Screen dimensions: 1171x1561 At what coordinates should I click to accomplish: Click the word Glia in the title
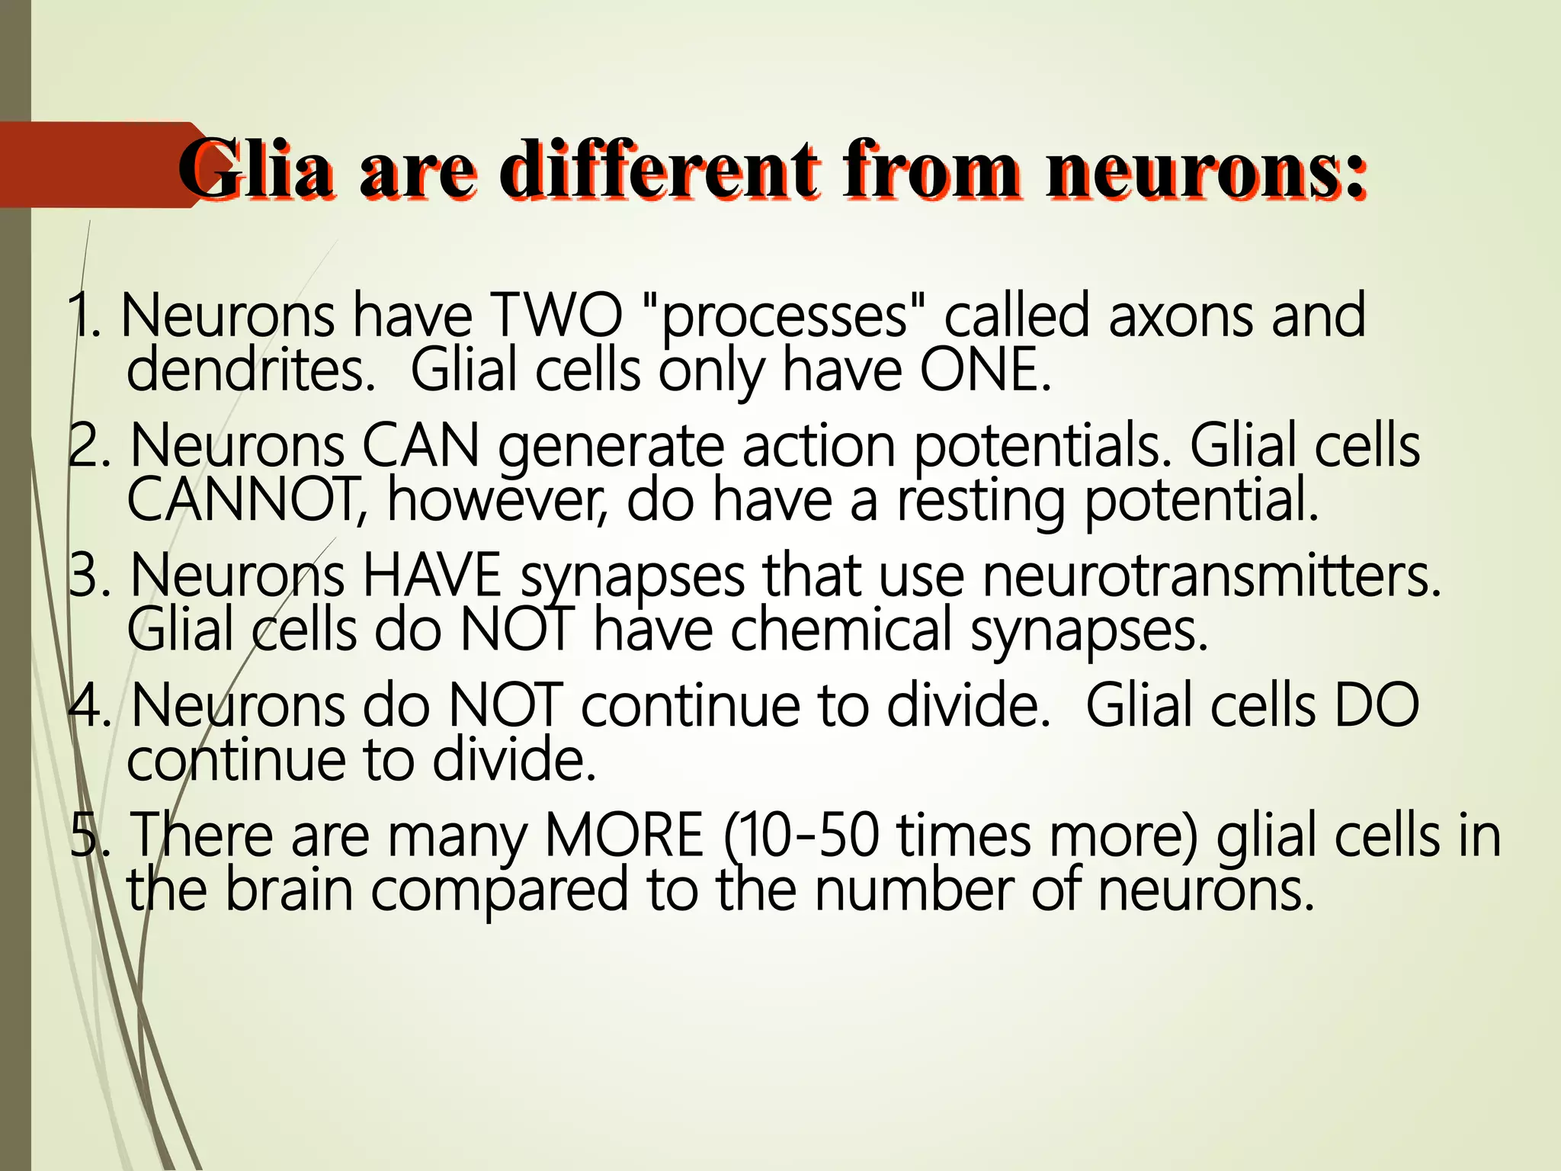(255, 169)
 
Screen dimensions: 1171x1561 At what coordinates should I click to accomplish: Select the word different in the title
(659, 169)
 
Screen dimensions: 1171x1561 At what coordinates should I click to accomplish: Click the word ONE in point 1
(984, 370)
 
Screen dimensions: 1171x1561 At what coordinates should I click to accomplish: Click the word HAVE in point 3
(431, 575)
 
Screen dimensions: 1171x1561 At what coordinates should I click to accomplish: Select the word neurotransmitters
(1212, 575)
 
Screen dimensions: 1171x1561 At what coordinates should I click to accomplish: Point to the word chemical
(841, 630)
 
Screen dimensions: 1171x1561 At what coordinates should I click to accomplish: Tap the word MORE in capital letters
(624, 835)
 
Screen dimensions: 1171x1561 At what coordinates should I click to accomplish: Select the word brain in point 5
(289, 890)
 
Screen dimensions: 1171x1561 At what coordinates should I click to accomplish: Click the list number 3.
(88, 575)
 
